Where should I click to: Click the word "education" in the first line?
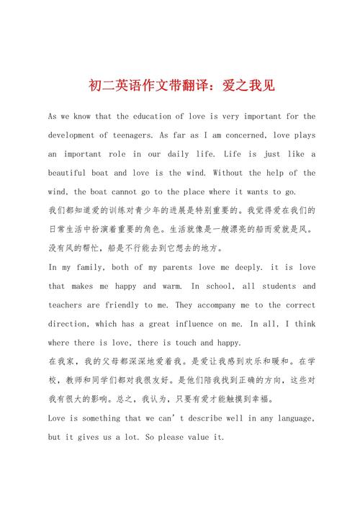click(x=138, y=117)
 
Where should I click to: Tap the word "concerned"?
click(x=251, y=135)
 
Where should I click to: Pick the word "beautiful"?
click(x=74, y=173)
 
